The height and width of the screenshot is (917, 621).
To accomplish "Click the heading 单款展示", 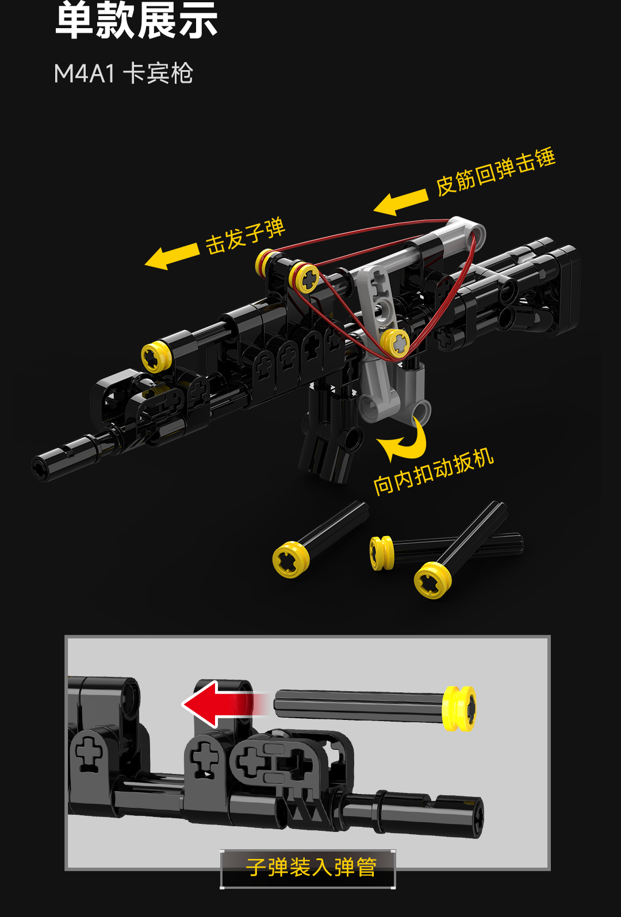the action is (x=136, y=21).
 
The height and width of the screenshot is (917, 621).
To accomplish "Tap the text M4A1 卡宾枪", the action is (x=123, y=74).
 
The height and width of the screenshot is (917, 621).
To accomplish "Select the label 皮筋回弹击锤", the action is (x=496, y=172).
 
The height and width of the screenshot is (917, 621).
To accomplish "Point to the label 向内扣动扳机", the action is (x=434, y=472).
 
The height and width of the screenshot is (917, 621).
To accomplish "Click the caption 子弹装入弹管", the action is (x=311, y=866).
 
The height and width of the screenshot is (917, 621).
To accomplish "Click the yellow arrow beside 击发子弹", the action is (x=171, y=256).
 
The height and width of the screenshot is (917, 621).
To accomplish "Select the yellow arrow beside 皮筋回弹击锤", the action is (x=401, y=202).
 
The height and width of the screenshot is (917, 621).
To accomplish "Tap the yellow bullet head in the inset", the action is (x=459, y=708).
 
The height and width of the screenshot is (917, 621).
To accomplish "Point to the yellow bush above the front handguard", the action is (x=156, y=357).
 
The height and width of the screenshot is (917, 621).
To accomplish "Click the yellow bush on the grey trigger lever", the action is (x=395, y=343).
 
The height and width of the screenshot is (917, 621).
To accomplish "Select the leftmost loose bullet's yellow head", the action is (x=291, y=559).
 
